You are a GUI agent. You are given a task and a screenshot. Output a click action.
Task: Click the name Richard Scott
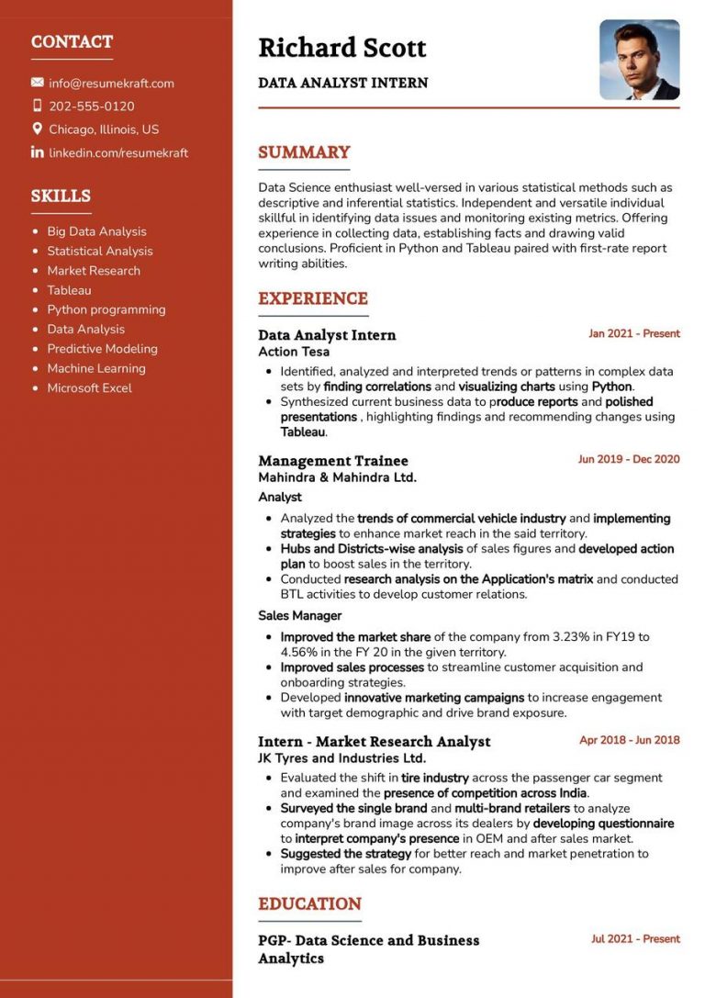(x=341, y=48)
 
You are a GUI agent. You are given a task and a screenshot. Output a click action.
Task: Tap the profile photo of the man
(x=639, y=60)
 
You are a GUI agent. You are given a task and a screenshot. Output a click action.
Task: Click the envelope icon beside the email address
(x=38, y=84)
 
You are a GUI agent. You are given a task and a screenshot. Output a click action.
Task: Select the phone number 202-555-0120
(x=91, y=107)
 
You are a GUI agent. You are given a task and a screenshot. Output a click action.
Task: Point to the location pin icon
(x=38, y=129)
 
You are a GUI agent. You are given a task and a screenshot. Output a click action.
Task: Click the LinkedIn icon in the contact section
(x=38, y=152)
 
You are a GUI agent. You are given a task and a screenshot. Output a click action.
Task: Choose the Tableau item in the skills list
(x=69, y=290)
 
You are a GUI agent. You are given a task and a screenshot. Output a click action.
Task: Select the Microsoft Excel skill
(x=89, y=388)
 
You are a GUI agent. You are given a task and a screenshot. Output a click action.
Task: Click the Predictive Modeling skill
(x=102, y=349)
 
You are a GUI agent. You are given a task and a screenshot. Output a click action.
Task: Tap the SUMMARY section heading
(x=304, y=152)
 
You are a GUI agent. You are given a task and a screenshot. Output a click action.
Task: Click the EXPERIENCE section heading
(x=312, y=298)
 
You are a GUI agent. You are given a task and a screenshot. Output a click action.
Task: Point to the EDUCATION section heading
(x=309, y=903)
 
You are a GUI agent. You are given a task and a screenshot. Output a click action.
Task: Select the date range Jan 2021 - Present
(x=633, y=334)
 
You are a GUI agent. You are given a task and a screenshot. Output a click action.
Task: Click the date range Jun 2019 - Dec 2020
(x=629, y=459)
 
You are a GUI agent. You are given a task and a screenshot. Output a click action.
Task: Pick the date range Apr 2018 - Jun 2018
(x=629, y=740)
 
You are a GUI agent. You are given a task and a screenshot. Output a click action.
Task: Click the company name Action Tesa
(x=294, y=352)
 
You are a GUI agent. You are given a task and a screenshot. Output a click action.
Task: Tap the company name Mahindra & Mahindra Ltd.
(x=337, y=477)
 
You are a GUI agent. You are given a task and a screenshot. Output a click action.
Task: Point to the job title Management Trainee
(x=332, y=461)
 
